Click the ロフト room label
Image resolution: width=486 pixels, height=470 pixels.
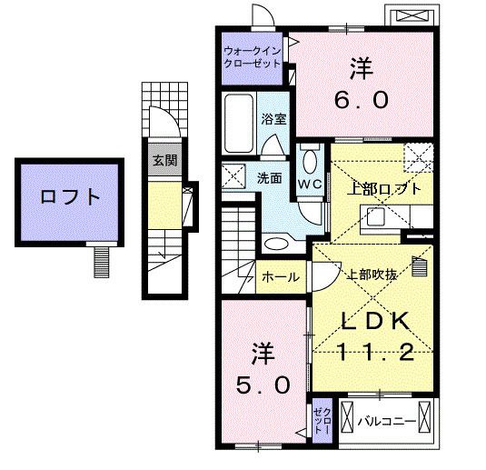click(70, 196)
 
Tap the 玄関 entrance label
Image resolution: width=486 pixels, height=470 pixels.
click(165, 160)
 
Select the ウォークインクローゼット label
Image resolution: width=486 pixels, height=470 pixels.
click(252, 57)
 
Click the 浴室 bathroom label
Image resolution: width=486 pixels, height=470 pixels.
click(273, 119)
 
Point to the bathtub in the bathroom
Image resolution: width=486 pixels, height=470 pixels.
click(238, 123)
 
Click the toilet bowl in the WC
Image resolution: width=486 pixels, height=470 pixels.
click(310, 160)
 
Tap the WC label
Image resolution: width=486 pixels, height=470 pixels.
click(310, 185)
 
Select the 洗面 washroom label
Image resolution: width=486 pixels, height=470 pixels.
click(269, 178)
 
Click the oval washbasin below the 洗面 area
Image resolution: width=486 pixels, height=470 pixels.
click(276, 243)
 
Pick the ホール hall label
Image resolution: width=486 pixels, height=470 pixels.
click(281, 276)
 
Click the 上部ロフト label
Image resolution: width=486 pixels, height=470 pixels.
click(384, 188)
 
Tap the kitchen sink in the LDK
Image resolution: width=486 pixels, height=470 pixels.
click(376, 217)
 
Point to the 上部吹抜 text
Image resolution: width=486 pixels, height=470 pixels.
click(372, 275)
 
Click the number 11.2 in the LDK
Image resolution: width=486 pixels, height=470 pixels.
click(375, 353)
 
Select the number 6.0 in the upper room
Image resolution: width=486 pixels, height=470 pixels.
click(361, 100)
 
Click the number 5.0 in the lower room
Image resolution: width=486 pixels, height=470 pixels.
click(263, 385)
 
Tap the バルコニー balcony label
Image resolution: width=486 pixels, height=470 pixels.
click(386, 421)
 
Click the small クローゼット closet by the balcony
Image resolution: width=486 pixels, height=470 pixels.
click(322, 421)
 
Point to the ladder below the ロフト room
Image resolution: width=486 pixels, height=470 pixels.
click(102, 262)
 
